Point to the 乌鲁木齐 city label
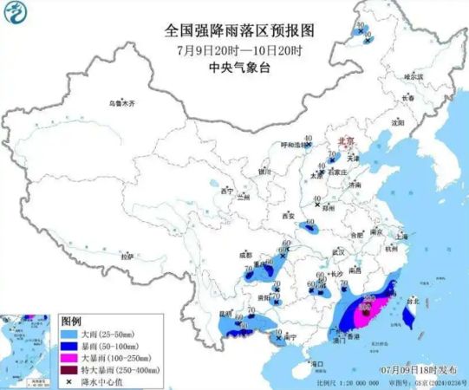pyautogui.click(x=121, y=102)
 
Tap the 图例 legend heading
pyautogui.click(x=71, y=320)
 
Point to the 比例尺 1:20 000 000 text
pyautogui.click(x=343, y=381)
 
